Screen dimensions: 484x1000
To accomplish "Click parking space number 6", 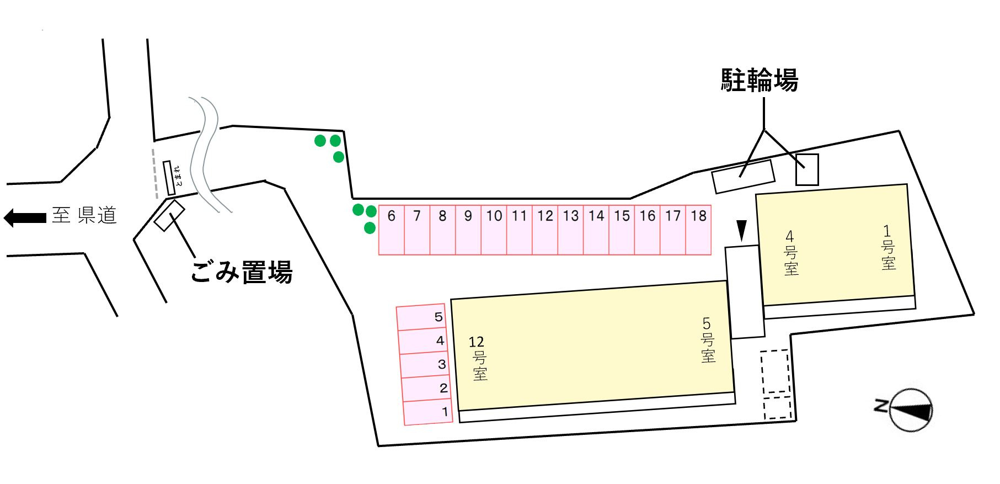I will tap(392, 230).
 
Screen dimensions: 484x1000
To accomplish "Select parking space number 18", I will tap(698, 230).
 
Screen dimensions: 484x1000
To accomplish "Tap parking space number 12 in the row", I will tap(545, 230).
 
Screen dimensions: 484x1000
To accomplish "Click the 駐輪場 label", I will tap(760, 81).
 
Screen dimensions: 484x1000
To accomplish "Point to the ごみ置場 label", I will tap(241, 272).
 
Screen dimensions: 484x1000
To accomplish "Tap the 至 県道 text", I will tap(84, 215).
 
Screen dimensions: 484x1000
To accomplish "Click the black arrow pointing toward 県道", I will tap(25, 217).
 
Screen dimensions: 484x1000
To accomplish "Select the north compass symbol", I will tap(910, 409).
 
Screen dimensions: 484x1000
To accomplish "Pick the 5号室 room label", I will tap(708, 339).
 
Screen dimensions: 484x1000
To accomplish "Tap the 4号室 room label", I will tap(790, 253).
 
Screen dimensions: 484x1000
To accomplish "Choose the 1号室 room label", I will tap(887, 247).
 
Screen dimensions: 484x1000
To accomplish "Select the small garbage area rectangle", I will tap(169, 215).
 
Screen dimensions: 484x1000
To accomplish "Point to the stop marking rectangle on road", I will tap(169, 178).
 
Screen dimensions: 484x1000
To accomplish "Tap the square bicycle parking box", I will tap(806, 169).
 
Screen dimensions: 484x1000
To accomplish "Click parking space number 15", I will tap(622, 230).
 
